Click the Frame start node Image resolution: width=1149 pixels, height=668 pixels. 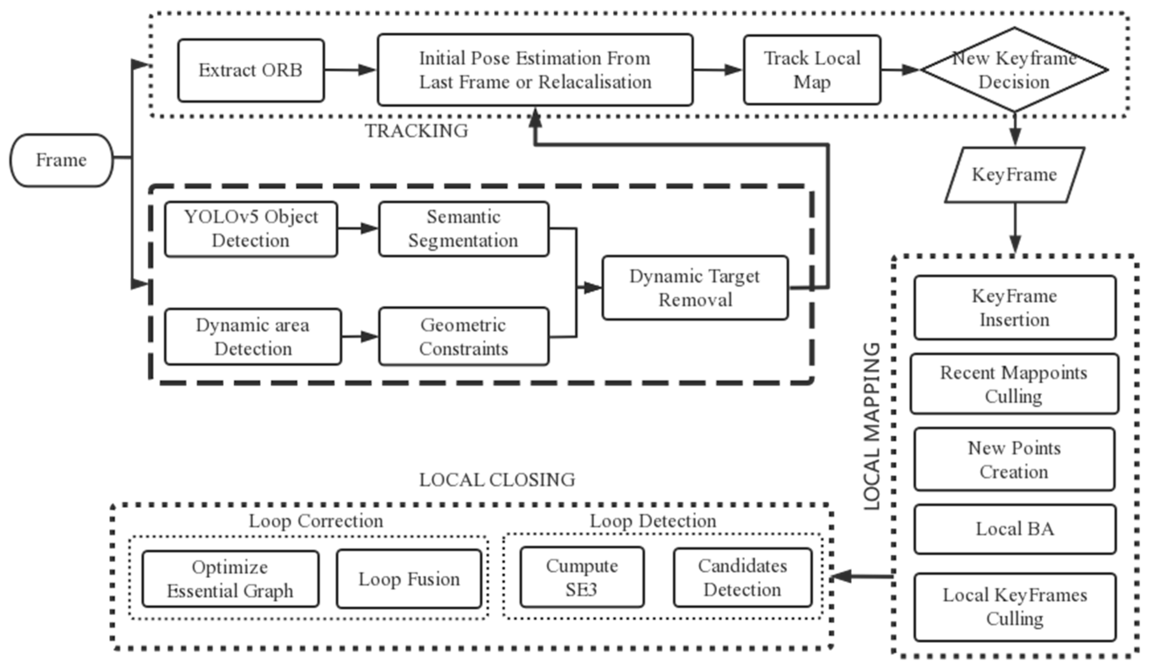[x=61, y=160]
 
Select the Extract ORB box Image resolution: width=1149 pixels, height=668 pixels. [x=251, y=70]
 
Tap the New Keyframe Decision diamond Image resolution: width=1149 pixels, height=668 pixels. [x=1014, y=70]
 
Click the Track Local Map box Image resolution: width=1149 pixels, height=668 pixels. [x=812, y=70]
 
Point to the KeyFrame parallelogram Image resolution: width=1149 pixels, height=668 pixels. [x=1014, y=175]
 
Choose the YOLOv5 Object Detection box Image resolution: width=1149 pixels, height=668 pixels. [x=251, y=229]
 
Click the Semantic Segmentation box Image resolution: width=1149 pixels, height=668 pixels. [x=463, y=229]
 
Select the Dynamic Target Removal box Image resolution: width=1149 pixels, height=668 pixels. [x=695, y=288]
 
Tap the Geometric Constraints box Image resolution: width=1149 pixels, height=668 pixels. [x=463, y=337]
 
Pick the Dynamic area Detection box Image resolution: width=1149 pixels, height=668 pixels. [x=253, y=337]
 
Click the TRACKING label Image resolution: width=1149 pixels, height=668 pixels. [x=416, y=131]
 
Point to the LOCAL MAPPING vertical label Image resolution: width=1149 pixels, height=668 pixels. [x=872, y=426]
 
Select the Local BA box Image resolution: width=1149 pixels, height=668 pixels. [x=1015, y=529]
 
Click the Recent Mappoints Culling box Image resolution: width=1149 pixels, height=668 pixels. [x=1014, y=384]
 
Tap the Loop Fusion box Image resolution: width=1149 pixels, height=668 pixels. [x=409, y=579]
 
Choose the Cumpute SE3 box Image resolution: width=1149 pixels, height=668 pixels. [x=582, y=577]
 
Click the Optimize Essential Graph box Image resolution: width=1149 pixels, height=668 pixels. [x=230, y=579]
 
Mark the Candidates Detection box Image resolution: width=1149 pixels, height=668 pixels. [x=742, y=577]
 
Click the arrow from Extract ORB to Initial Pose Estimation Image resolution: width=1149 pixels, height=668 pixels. [x=350, y=70]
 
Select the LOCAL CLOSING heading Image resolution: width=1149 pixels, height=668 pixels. [x=497, y=480]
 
